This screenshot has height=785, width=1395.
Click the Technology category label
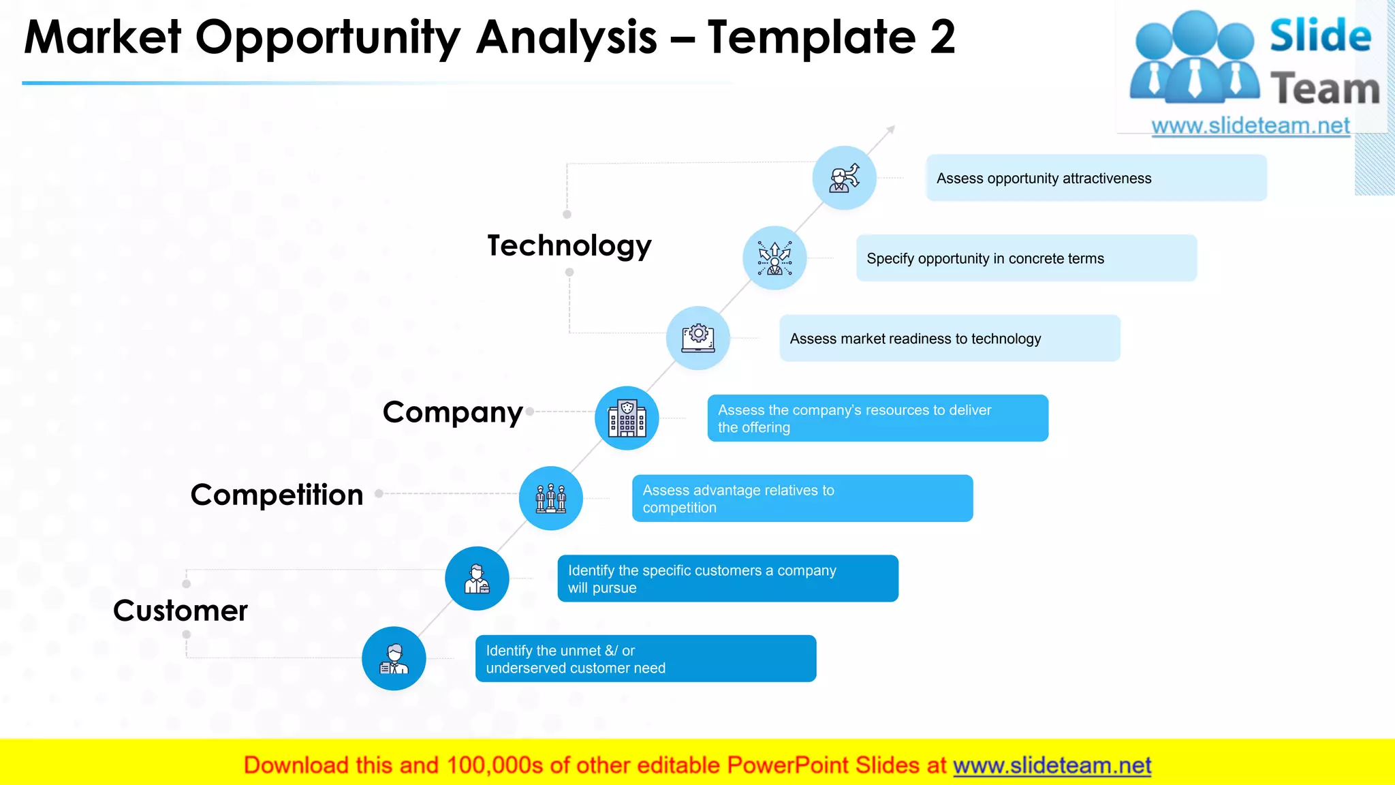[569, 245]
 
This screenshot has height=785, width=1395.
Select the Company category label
[453, 412]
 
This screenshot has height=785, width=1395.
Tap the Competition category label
[277, 495]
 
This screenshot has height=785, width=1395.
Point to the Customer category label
[181, 611]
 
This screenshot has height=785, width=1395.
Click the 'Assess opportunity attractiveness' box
[1096, 178]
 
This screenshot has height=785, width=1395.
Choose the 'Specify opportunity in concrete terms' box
[1026, 258]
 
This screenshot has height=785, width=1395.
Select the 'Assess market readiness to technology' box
[950, 339]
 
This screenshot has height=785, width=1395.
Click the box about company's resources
[877, 418]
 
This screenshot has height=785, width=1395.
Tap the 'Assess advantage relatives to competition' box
[802, 499]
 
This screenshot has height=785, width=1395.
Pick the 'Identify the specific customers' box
[727, 579]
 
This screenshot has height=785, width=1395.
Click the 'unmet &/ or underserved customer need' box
[645, 659]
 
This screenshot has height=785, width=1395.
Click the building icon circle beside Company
[627, 418]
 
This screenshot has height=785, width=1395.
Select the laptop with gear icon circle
[698, 338]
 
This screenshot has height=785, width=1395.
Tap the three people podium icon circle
[550, 498]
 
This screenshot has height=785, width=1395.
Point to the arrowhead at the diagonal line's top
[891, 129]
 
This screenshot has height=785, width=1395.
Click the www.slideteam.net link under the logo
[1250, 126]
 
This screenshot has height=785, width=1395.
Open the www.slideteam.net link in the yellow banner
[1052, 765]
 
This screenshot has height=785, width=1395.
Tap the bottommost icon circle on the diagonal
[394, 658]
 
